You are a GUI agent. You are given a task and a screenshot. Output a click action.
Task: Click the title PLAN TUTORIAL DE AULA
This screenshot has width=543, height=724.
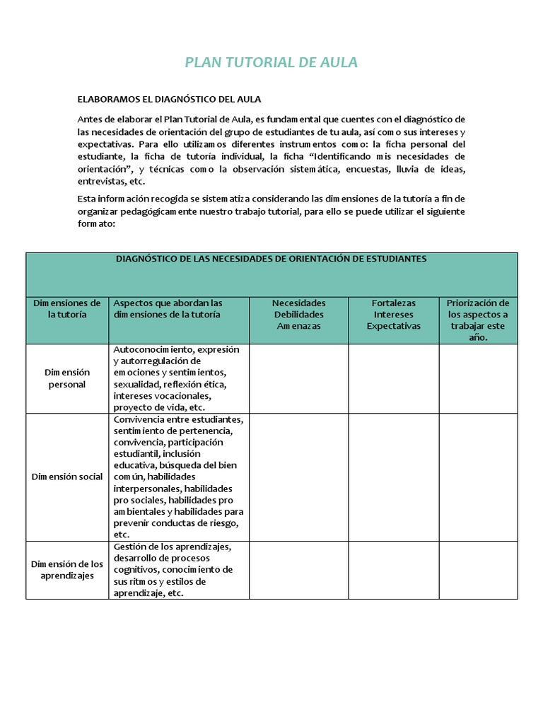(271, 62)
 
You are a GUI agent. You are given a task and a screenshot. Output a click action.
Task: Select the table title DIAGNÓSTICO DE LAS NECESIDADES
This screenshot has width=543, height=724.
(271, 259)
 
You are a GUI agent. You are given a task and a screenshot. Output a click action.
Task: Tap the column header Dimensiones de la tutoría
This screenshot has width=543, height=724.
(67, 308)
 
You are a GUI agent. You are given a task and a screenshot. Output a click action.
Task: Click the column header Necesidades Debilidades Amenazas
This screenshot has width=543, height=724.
(299, 314)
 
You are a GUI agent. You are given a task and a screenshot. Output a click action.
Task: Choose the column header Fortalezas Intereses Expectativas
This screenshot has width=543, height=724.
(393, 314)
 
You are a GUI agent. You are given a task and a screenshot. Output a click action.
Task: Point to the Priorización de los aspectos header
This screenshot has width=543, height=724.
(478, 320)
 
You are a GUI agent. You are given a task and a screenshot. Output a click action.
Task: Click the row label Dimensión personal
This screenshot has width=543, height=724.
(67, 378)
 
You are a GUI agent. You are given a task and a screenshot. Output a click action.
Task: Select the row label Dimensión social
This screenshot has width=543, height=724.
(67, 477)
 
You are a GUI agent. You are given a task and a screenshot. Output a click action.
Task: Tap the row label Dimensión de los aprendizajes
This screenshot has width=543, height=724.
(67, 570)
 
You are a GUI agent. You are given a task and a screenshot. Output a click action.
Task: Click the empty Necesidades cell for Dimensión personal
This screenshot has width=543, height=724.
(299, 378)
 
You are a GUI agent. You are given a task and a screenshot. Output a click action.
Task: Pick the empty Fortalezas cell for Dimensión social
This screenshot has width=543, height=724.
(393, 477)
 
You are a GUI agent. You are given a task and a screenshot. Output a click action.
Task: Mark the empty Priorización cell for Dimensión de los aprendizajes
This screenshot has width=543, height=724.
(478, 570)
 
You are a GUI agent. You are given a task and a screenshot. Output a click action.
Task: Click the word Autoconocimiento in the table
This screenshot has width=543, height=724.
(153, 349)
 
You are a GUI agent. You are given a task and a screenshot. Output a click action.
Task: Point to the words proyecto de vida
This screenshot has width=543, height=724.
(146, 407)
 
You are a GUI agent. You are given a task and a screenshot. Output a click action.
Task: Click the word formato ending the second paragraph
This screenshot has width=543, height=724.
(94, 223)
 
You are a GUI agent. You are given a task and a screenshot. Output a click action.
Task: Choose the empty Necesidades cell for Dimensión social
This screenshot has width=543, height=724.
(299, 477)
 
